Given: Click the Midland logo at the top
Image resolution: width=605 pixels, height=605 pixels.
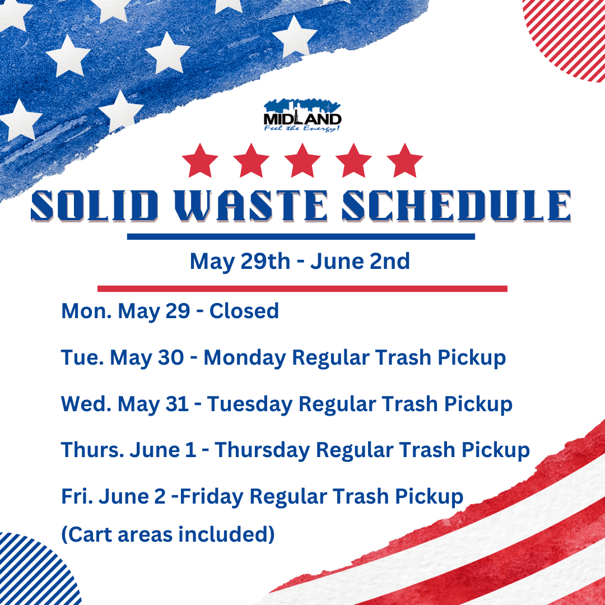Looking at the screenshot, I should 302,115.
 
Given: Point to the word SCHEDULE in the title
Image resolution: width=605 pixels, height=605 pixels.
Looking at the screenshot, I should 457,206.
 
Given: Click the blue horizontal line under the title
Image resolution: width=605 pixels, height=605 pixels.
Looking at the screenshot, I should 301,236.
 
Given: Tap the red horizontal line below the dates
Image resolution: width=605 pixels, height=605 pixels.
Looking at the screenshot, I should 302,288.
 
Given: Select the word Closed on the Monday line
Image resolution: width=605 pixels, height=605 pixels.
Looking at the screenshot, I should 244,311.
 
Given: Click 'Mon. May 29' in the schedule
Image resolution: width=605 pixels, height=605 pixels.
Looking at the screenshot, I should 126,311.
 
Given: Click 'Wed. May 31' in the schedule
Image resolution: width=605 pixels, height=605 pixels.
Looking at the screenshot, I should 125,404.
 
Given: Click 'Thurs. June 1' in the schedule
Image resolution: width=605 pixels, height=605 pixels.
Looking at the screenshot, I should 129,450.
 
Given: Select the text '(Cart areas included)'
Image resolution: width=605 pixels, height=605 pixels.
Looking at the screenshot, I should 168,535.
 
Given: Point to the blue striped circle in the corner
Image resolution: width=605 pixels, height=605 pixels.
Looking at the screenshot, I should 34,571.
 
